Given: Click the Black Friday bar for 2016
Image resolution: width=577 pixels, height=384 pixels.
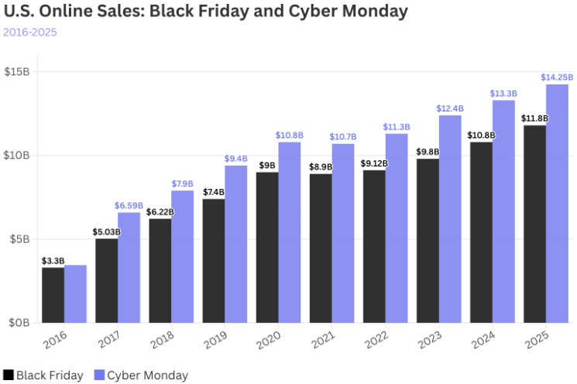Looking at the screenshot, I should pyautogui.click(x=53, y=294).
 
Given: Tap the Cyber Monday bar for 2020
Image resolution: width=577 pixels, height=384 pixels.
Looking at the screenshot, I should pyautogui.click(x=290, y=232).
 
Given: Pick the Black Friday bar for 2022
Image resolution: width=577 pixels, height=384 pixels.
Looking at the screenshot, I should pyautogui.click(x=374, y=246).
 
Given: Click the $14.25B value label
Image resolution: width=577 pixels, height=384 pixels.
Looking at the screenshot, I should pyautogui.click(x=557, y=77).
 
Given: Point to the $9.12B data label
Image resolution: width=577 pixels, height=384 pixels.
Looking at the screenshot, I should pyautogui.click(x=374, y=163).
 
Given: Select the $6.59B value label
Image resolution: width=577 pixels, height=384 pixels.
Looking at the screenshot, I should pyautogui.click(x=129, y=205).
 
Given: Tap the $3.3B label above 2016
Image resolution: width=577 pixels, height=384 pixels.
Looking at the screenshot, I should pyautogui.click(x=53, y=260).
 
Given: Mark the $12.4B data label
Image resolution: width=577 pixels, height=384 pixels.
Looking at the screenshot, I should pyautogui.click(x=450, y=108).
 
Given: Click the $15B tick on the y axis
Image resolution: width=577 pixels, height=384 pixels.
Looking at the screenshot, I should pyautogui.click(x=17, y=71).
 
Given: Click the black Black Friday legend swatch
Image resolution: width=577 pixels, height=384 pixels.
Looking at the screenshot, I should pyautogui.click(x=9, y=375).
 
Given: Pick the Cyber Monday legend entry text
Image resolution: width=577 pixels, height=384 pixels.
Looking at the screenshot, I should pyautogui.click(x=147, y=375).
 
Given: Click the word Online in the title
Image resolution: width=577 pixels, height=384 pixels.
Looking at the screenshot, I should pyautogui.click(x=73, y=12).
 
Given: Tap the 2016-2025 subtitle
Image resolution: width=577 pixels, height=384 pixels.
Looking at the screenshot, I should pyautogui.click(x=29, y=32).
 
